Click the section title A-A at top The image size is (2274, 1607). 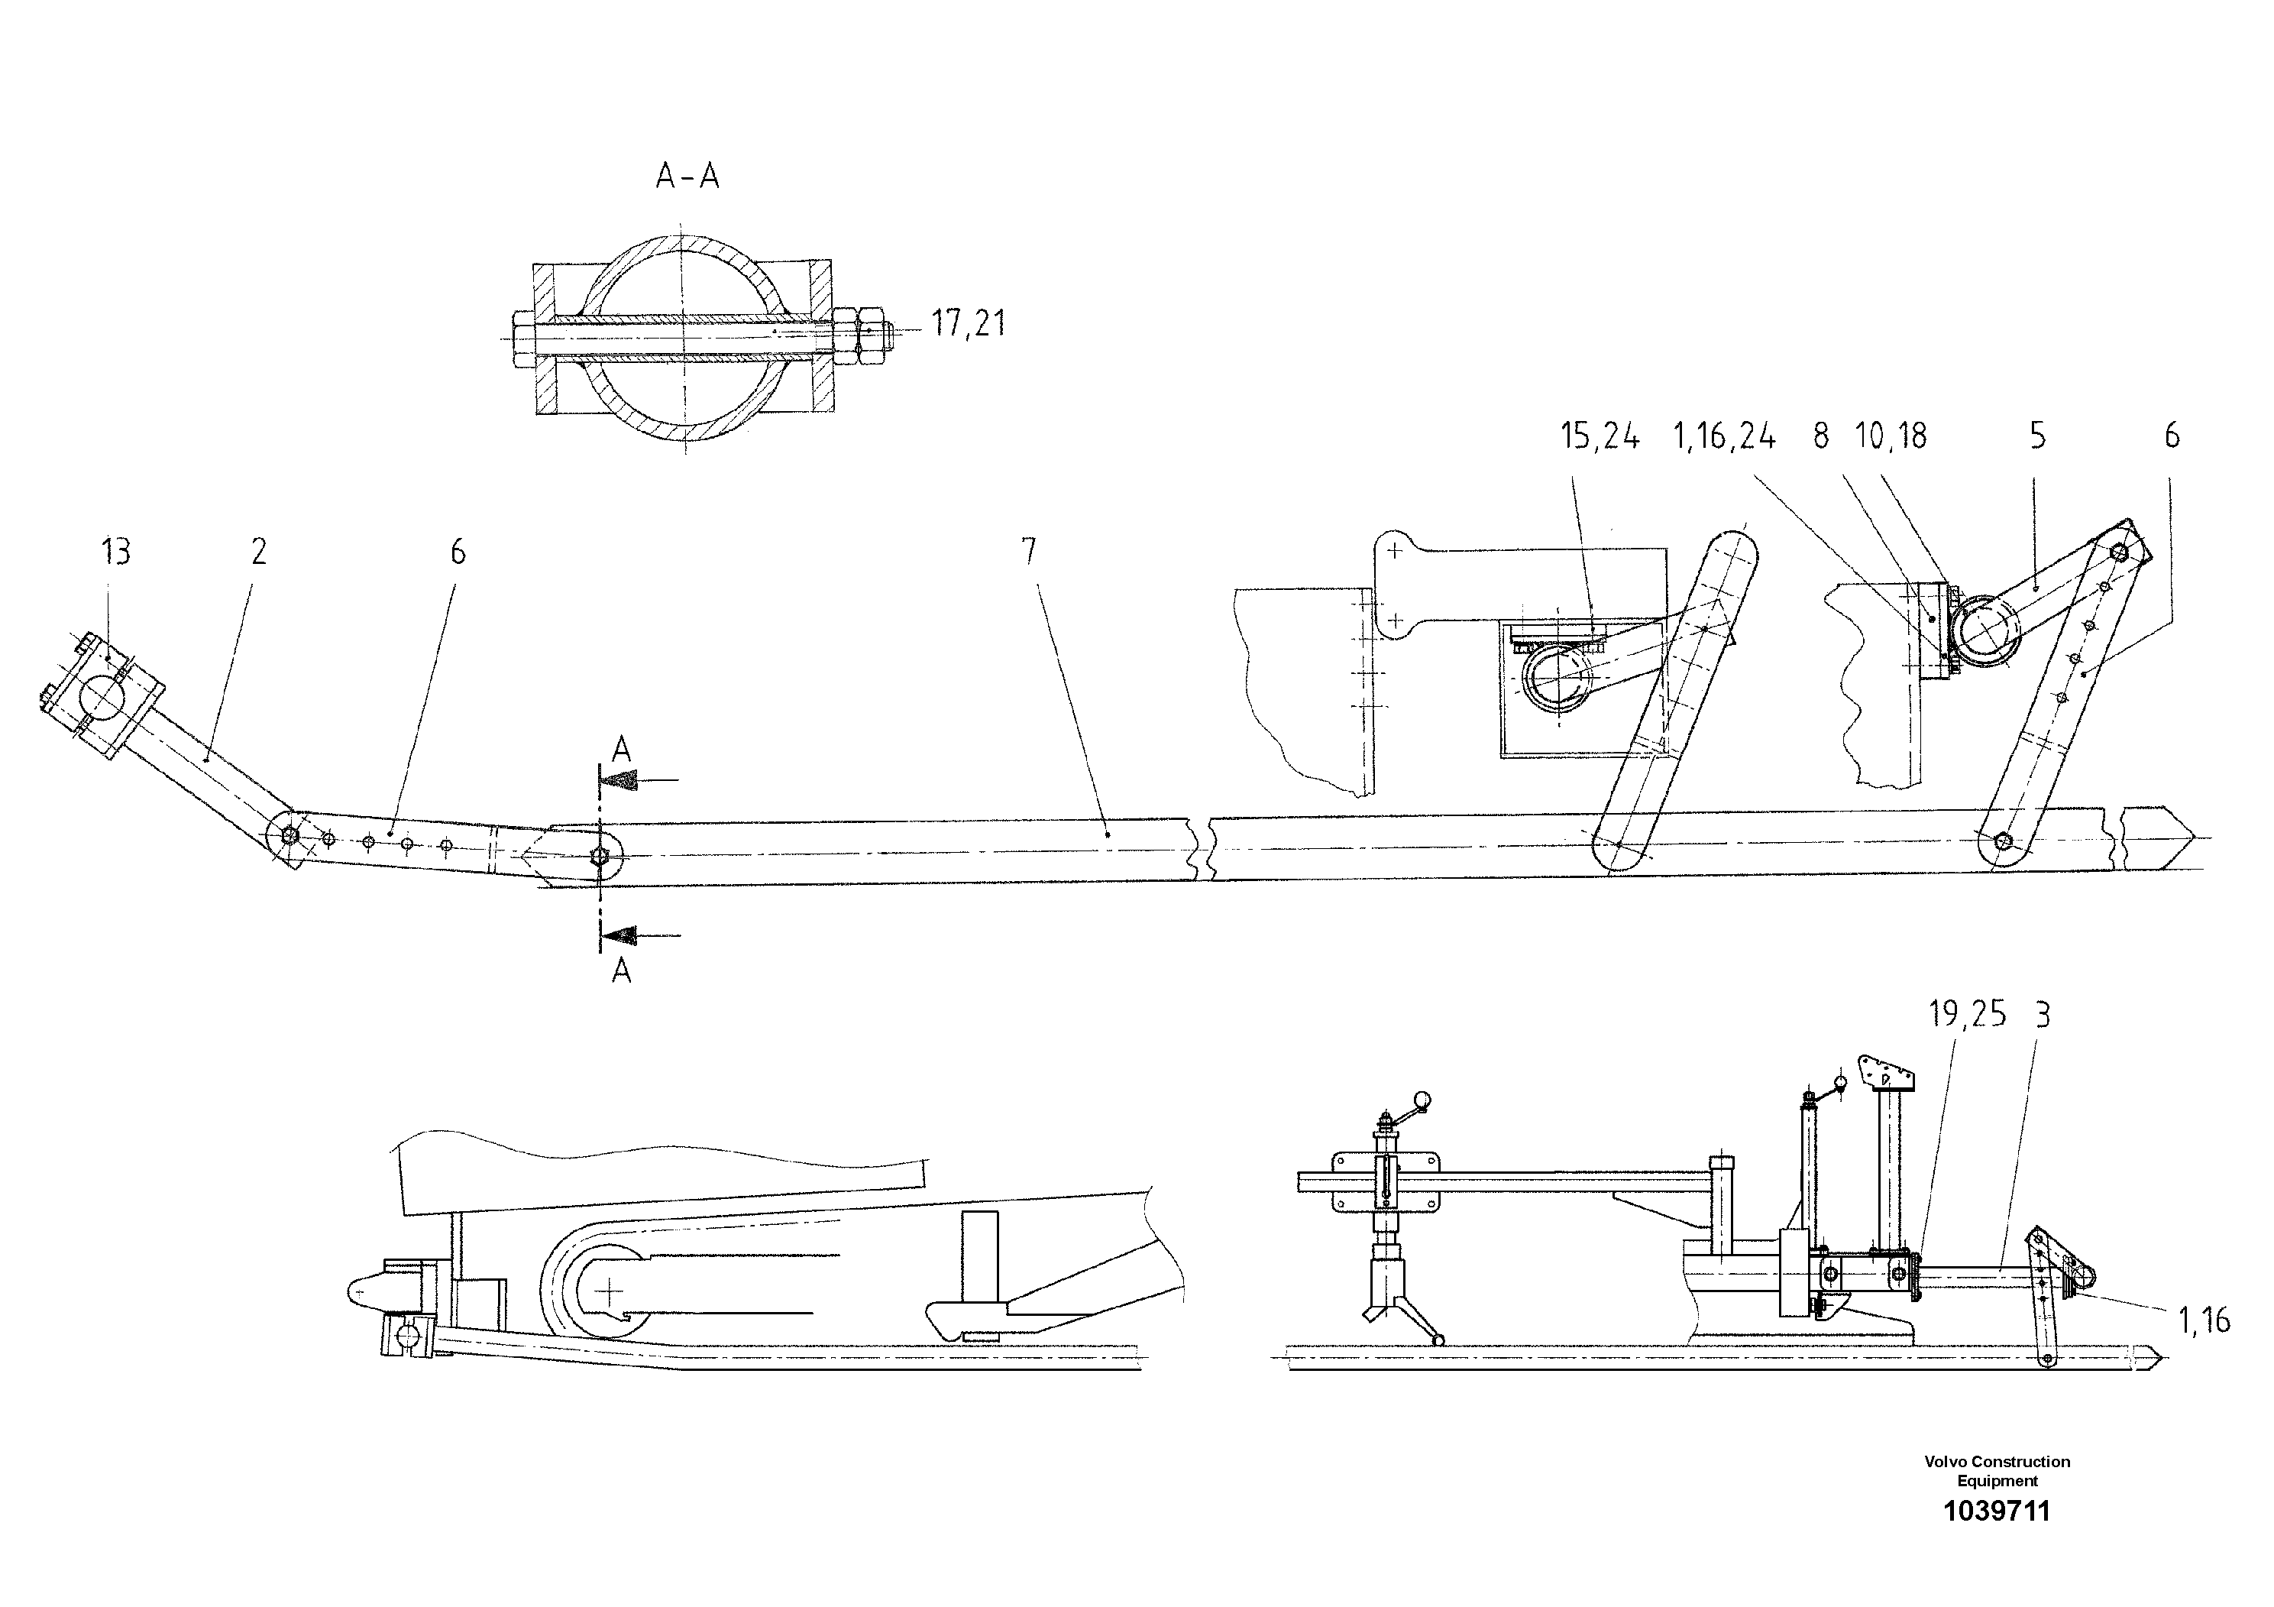(687, 177)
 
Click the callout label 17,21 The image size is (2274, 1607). (968, 323)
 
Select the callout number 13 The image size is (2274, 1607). (116, 552)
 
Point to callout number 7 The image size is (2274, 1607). (1029, 552)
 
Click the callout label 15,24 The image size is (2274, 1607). (1600, 436)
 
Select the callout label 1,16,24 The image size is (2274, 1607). (1724, 436)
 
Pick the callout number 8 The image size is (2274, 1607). (1820, 436)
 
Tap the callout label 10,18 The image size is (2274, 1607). (1891, 436)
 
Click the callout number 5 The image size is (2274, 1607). (2037, 436)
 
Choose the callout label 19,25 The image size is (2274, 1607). (1967, 1015)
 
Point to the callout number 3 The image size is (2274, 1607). (2043, 1015)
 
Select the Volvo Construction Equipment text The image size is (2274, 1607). (1997, 1469)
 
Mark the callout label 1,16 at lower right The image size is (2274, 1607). (2204, 1320)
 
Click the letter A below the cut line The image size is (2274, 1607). (621, 972)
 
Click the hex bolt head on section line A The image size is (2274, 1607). (598, 855)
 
